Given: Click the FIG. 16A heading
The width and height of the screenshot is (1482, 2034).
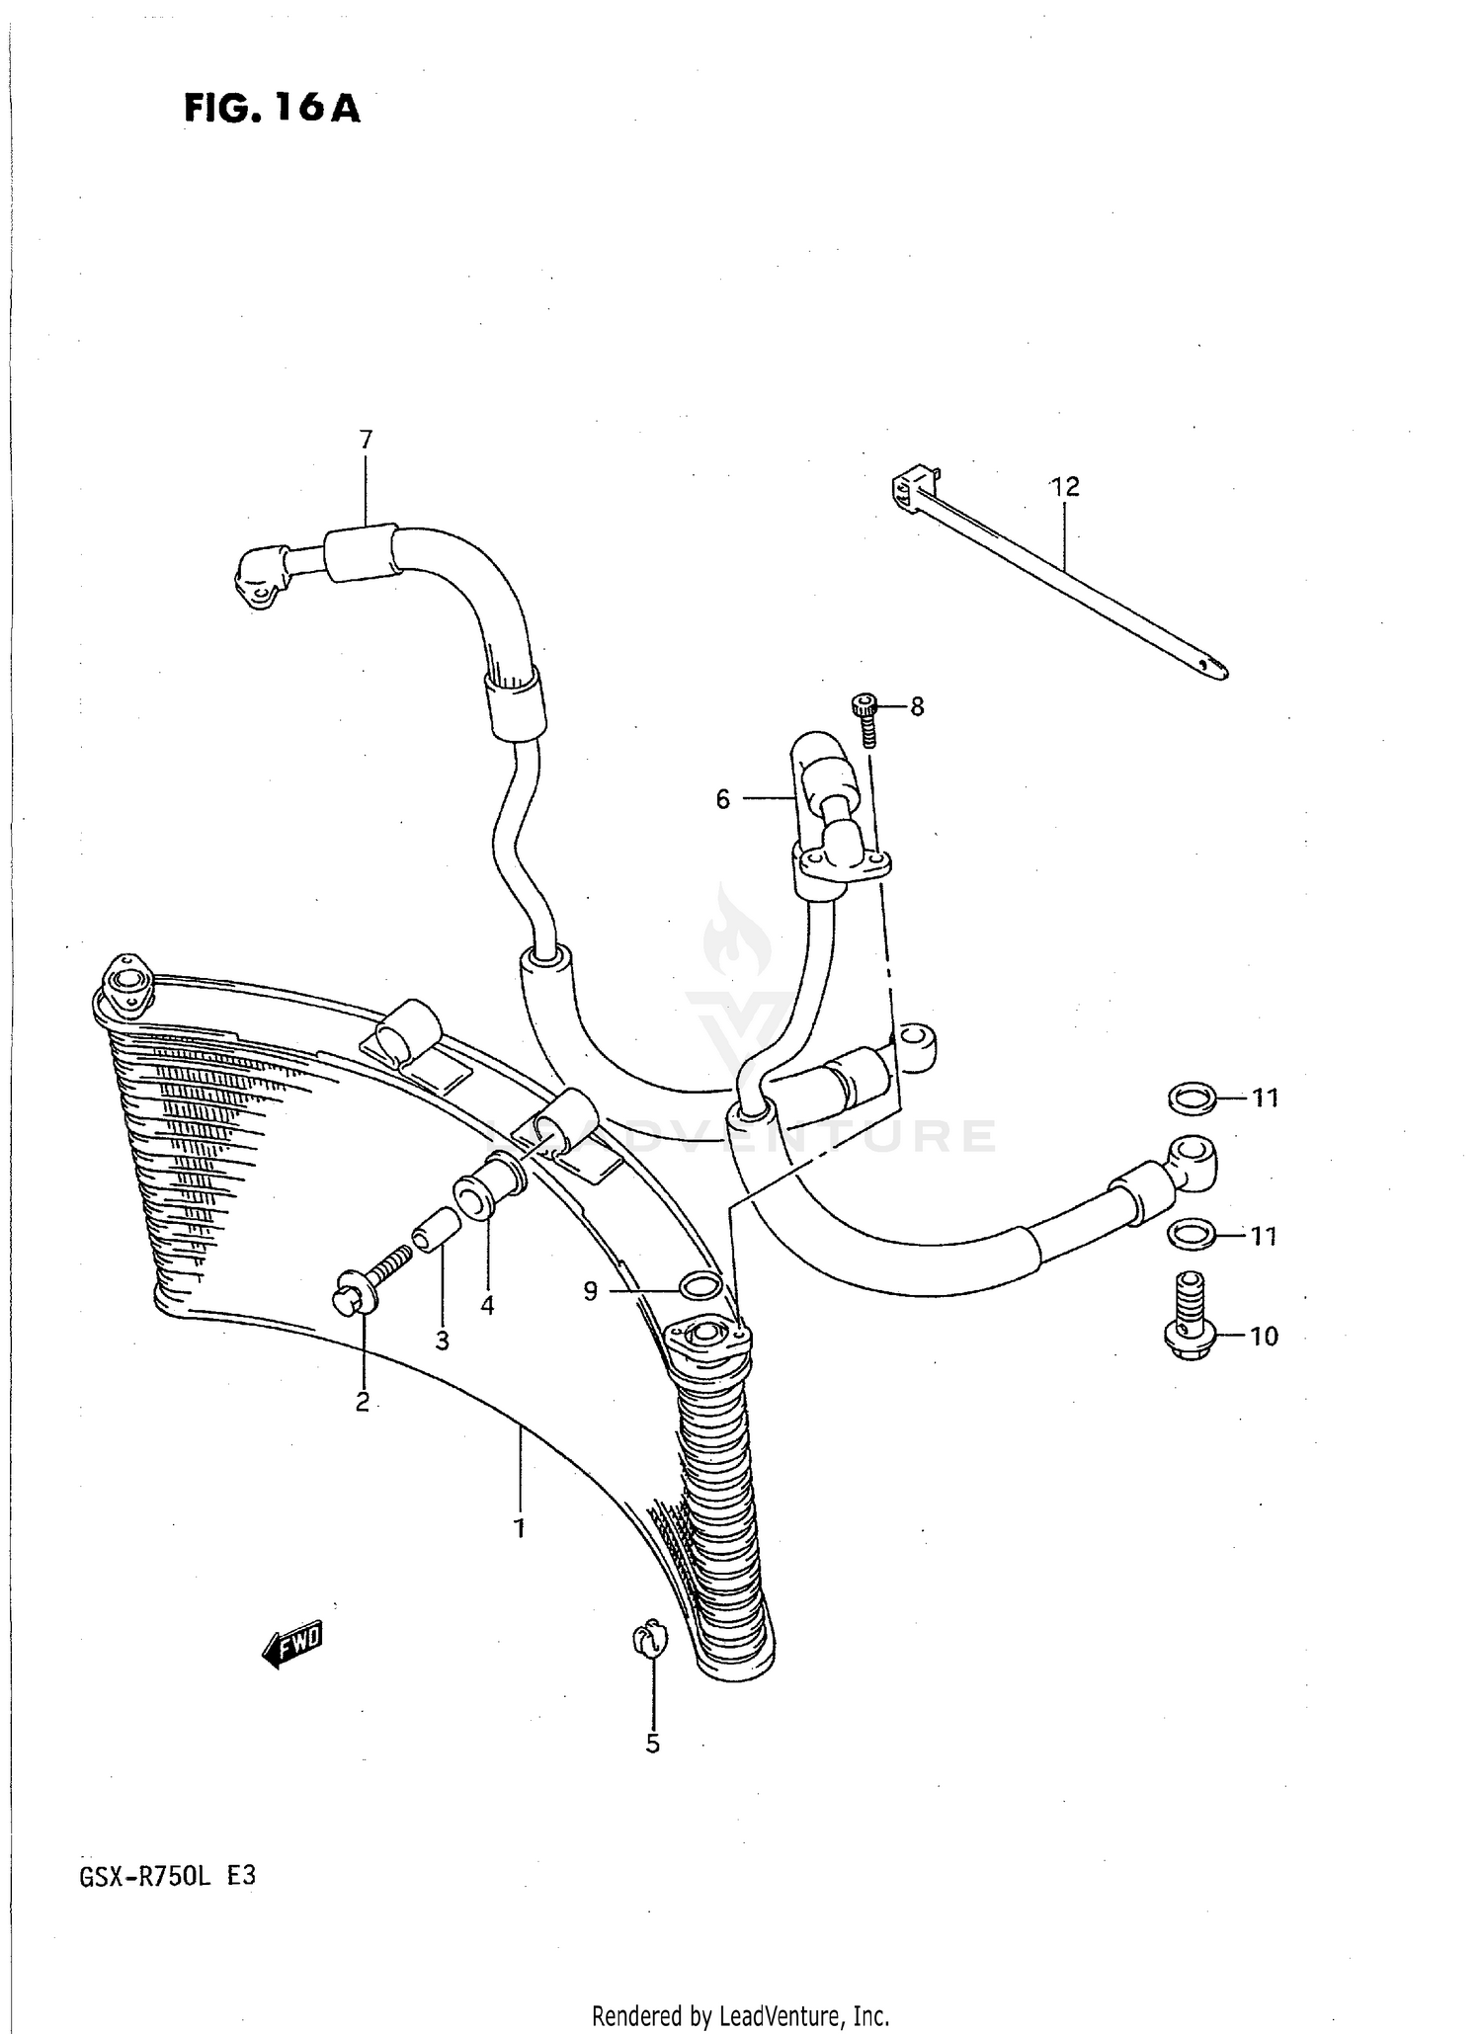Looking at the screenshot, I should tap(272, 108).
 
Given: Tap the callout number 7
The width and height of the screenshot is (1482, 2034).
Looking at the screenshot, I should tap(366, 440).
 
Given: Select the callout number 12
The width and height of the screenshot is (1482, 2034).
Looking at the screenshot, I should tap(1065, 486).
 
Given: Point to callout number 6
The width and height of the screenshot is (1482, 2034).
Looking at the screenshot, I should tap(722, 799).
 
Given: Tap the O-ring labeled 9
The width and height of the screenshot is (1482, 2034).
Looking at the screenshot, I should tap(700, 1285).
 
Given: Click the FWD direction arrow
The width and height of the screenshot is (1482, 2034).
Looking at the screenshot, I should tap(293, 1645).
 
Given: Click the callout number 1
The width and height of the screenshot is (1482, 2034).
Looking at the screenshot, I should tap(518, 1528).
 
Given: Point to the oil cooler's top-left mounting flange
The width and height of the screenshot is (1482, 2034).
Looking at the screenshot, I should tap(124, 983).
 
